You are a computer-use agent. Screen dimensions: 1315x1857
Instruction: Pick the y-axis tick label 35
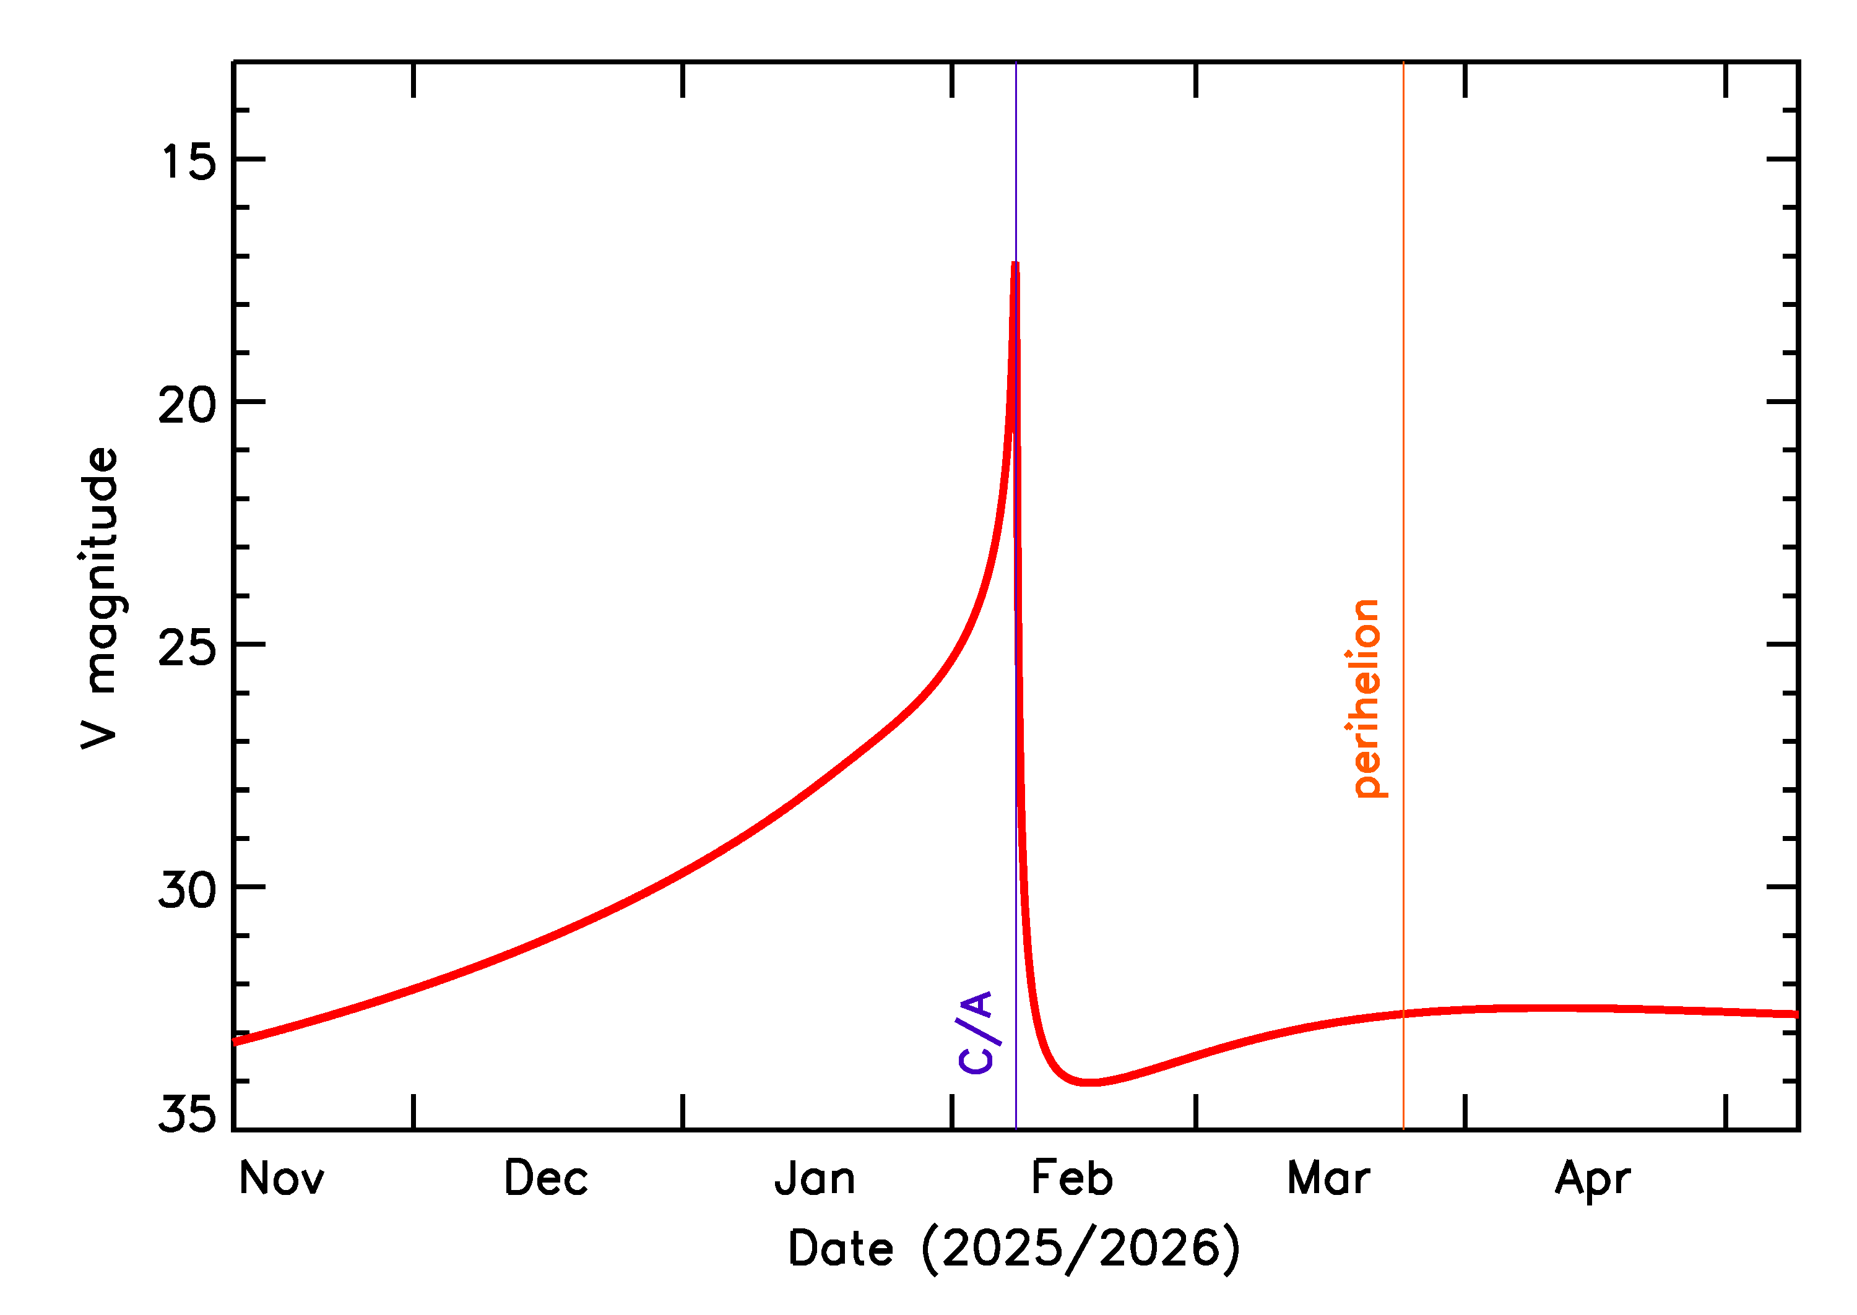pyautogui.click(x=188, y=1113)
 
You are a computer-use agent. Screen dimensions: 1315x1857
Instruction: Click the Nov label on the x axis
pyautogui.click(x=281, y=1179)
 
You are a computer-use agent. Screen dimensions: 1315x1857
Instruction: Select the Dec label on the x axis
pyautogui.click(x=546, y=1179)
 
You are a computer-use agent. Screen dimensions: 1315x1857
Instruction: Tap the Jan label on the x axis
pyautogui.click(x=815, y=1179)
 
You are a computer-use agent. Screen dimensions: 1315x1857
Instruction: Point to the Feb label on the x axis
pyautogui.click(x=1071, y=1179)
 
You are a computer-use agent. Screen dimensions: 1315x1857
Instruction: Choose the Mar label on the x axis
pyautogui.click(x=1328, y=1179)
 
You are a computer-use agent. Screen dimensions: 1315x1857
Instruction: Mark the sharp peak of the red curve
pyautogui.click(x=1015, y=264)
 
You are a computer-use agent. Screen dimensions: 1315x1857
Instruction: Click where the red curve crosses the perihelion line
pyautogui.click(x=1403, y=1014)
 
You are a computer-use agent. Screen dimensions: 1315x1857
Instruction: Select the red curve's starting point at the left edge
pyautogui.click(x=235, y=1042)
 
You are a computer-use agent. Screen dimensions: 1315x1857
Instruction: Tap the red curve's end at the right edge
pyautogui.click(x=1797, y=1014)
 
